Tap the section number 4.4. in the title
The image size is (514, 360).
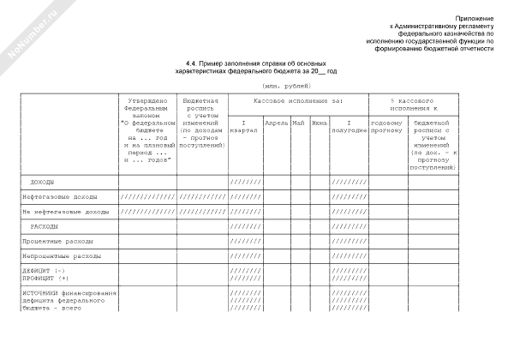pyautogui.click(x=194, y=63)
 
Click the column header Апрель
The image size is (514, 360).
pyautogui.click(x=276, y=123)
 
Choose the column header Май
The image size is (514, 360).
pyautogui.click(x=298, y=123)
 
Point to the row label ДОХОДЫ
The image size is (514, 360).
pyautogui.click(x=43, y=183)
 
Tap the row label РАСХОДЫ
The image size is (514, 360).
pyautogui.click(x=45, y=226)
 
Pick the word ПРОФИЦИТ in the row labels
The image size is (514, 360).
pyautogui.click(x=39, y=279)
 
